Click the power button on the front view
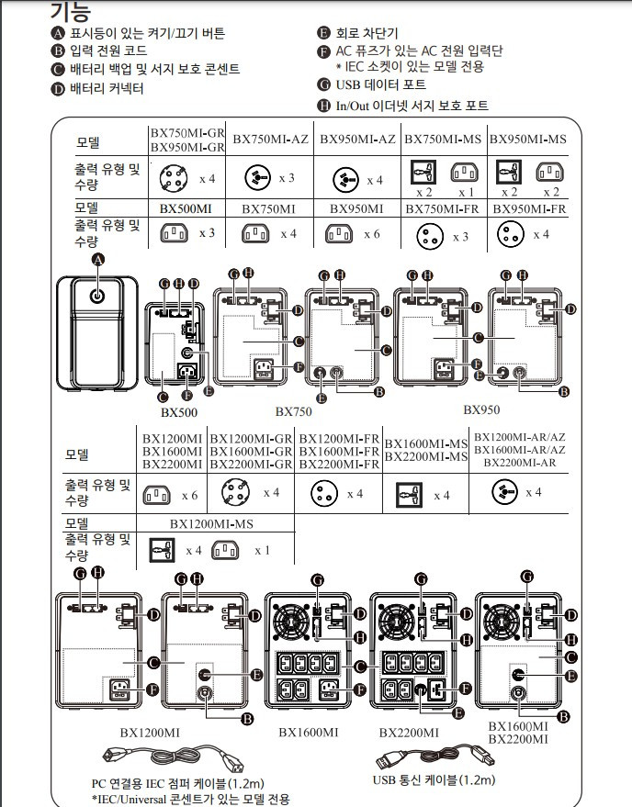click(96, 296)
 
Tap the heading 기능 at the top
click(71, 11)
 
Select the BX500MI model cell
click(186, 209)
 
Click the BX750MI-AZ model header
click(270, 139)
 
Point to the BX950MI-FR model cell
click(529, 209)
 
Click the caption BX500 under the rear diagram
click(179, 412)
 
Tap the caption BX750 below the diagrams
click(294, 411)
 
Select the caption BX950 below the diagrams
click(481, 409)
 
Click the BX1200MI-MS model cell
click(211, 524)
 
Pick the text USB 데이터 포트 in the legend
click(380, 84)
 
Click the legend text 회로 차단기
click(367, 33)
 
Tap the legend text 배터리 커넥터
click(107, 88)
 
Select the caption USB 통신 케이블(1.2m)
click(434, 780)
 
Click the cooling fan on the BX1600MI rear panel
click(291, 622)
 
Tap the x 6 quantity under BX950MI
click(372, 234)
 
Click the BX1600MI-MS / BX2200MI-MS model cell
click(426, 450)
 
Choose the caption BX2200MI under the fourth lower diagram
click(409, 733)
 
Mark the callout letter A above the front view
click(98, 260)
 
